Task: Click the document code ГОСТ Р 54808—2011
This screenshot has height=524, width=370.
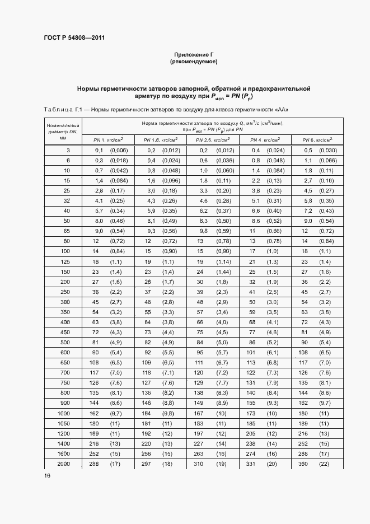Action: click(x=75, y=38)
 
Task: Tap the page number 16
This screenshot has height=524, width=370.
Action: click(x=47, y=475)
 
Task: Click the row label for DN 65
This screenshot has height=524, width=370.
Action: click(x=67, y=230)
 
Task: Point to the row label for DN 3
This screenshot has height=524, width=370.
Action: click(x=68, y=150)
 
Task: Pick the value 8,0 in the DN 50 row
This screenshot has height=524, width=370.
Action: click(x=99, y=220)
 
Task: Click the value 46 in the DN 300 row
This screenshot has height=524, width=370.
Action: click(x=148, y=302)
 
